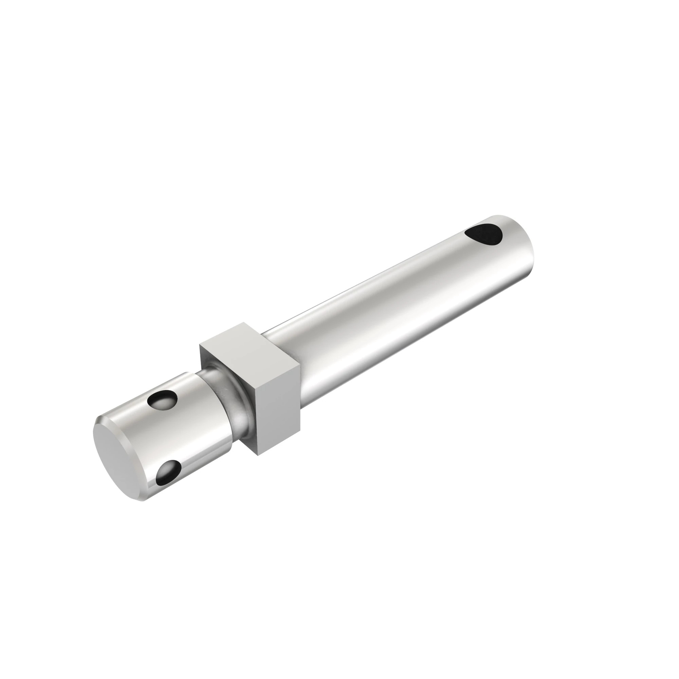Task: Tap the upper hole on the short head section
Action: click(162, 400)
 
